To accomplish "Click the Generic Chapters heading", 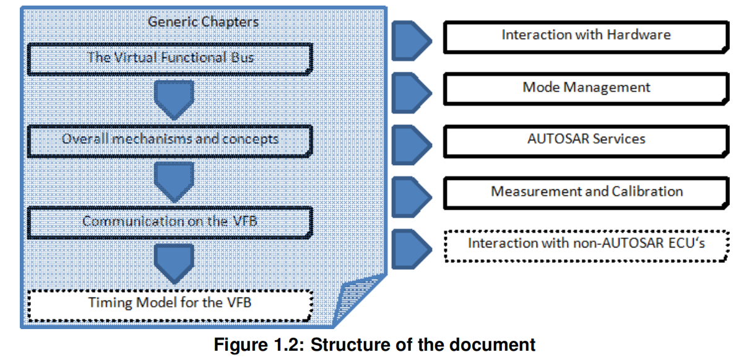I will click(x=203, y=22).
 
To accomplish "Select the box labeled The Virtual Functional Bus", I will click(x=170, y=59).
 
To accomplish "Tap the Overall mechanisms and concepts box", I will click(x=170, y=139).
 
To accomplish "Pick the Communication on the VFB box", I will click(x=170, y=221).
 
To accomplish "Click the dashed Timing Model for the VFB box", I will click(x=170, y=303).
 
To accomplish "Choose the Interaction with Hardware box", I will click(x=585, y=35).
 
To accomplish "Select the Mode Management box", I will click(x=585, y=87).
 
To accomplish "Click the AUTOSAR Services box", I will click(x=585, y=139).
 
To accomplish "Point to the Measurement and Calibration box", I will click(x=585, y=192).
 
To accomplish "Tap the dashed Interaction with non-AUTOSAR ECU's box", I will click(x=585, y=243).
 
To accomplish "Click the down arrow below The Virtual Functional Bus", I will click(x=174, y=99).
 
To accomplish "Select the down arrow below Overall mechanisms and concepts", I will click(x=174, y=180).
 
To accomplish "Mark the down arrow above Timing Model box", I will click(x=174, y=262).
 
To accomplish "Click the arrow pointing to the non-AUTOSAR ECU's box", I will click(x=412, y=246).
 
